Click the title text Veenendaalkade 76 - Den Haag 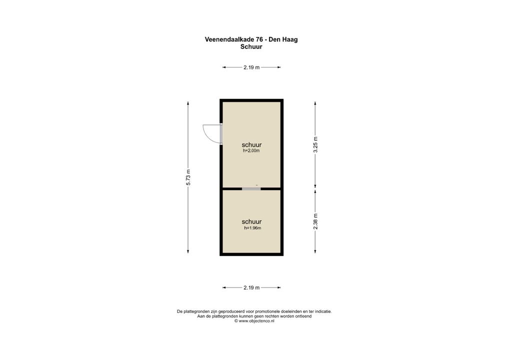[x=251, y=39]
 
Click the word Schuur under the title [x=251, y=47]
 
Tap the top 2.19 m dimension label [x=251, y=67]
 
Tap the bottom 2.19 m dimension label [x=251, y=287]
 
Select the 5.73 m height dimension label [x=188, y=177]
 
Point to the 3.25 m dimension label [x=315, y=144]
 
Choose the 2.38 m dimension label [x=315, y=221]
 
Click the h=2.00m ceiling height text [x=251, y=150]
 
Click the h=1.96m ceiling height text [x=252, y=228]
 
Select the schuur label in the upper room [x=251, y=144]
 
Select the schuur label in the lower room [x=251, y=221]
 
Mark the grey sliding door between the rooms [x=251, y=188]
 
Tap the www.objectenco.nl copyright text [x=254, y=321]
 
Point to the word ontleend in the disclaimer [x=301, y=316]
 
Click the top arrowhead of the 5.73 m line [x=188, y=103]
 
